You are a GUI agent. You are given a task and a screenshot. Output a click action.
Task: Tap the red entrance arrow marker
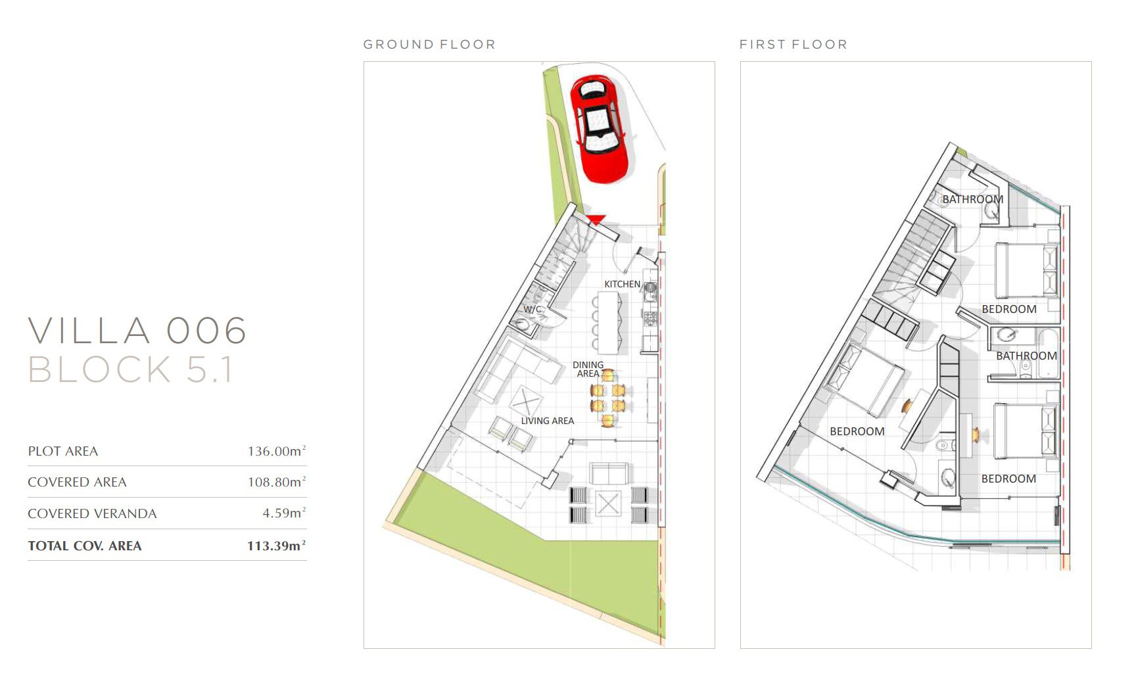point(596,220)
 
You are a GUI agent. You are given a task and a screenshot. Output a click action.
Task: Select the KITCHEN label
point(622,284)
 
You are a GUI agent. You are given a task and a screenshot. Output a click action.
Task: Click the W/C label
point(532,309)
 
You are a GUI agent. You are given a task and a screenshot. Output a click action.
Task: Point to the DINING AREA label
point(588,369)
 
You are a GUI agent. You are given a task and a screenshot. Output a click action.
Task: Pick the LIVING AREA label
point(548,421)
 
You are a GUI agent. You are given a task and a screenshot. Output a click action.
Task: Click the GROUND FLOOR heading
point(429,45)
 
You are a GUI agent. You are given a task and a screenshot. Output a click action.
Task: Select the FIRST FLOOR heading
point(793,45)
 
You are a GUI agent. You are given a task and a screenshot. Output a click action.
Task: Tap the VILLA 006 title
point(137,330)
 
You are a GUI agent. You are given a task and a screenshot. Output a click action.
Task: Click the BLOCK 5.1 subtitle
point(130,369)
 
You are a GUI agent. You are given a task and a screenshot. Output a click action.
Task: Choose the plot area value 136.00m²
point(277,451)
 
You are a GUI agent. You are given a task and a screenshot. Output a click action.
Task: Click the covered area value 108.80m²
point(277,482)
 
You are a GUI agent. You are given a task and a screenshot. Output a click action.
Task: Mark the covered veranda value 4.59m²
point(284,513)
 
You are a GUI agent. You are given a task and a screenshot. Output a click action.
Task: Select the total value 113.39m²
point(277,545)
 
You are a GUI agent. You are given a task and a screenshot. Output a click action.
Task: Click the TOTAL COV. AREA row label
point(85,546)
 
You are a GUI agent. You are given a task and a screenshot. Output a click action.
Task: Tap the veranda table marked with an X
point(607,504)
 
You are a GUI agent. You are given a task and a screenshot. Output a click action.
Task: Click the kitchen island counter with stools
point(609,323)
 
